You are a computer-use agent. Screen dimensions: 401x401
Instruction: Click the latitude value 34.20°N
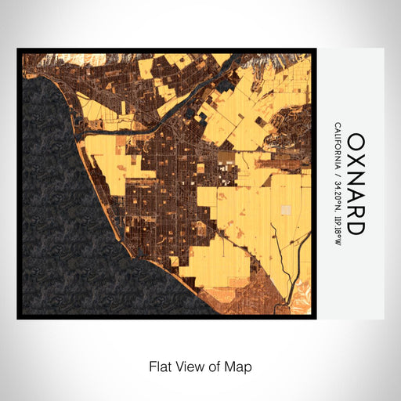tap(337, 195)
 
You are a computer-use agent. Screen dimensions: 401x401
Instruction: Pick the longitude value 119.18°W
tap(337, 231)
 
